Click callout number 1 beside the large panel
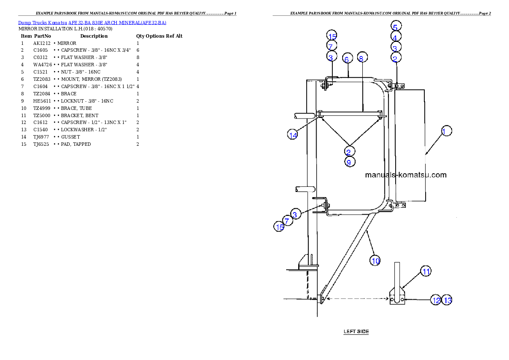click(x=446, y=131)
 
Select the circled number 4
click(x=396, y=37)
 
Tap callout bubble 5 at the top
click(x=396, y=26)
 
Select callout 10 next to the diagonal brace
click(x=375, y=260)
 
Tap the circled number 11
click(x=426, y=271)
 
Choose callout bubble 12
click(x=436, y=300)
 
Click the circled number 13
click(x=447, y=300)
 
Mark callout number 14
click(x=293, y=135)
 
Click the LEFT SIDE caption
click(x=356, y=331)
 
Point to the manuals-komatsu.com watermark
click(x=405, y=175)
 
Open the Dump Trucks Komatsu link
click(x=92, y=23)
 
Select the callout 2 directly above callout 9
click(x=349, y=152)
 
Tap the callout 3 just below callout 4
click(x=396, y=47)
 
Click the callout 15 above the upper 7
click(x=332, y=35)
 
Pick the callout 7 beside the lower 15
click(x=287, y=221)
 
